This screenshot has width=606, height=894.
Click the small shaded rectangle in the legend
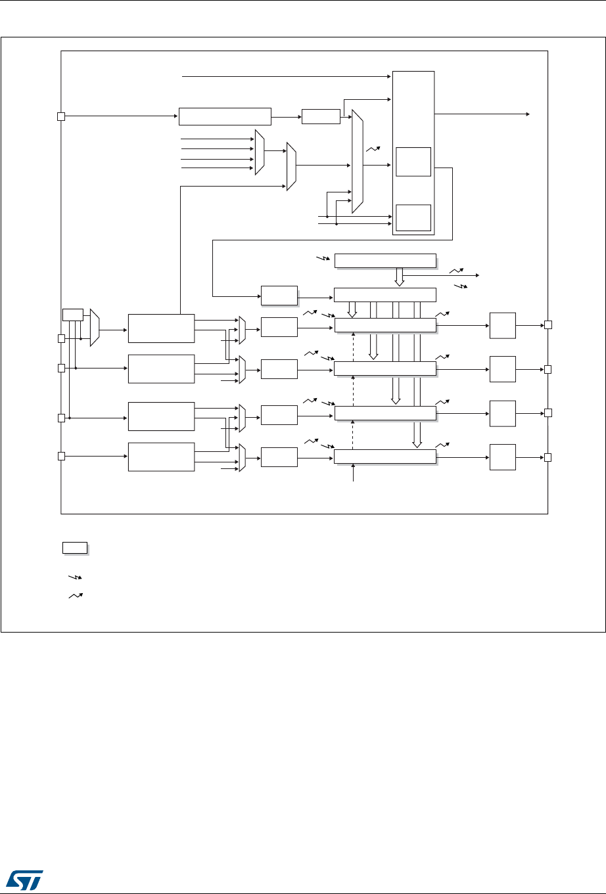pos(75,548)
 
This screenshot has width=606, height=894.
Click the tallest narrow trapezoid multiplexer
pos(357,162)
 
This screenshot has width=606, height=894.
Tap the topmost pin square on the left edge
pos(60,117)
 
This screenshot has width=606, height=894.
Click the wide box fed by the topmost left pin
pos(225,116)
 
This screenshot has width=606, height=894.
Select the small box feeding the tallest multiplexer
pos(321,116)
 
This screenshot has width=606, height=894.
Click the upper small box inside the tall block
pos(413,162)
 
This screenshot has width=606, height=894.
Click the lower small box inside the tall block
pos(413,217)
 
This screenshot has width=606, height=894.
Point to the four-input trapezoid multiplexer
pos(260,152)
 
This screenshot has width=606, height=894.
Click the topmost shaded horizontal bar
pos(385,260)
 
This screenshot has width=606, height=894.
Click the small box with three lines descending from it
pos(72,314)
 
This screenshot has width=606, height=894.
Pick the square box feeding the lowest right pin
pos(503,457)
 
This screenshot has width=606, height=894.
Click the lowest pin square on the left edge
pos(60,456)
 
